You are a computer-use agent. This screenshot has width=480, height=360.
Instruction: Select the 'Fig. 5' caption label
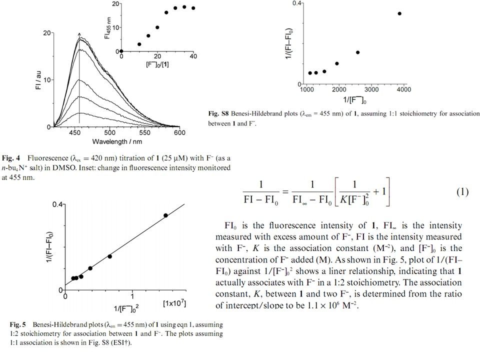tap(13, 325)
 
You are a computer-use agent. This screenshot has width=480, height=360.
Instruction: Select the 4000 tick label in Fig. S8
tap(403, 89)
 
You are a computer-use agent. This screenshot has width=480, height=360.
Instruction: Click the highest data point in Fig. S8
tap(399, 13)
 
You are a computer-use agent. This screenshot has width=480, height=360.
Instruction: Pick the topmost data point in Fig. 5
tap(165, 215)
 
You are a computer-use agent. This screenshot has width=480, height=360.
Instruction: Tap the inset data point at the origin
tap(121, 51)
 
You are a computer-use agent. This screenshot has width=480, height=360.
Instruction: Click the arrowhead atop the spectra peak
tap(79, 35)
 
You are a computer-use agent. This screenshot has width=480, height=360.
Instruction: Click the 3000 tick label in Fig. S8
tap(371, 89)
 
